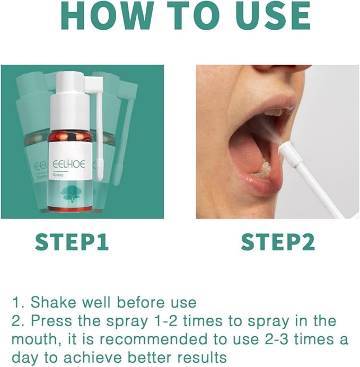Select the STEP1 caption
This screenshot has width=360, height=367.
pos(72,242)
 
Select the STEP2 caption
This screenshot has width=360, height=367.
pos(278,242)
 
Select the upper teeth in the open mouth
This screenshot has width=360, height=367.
pos(276,112)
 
